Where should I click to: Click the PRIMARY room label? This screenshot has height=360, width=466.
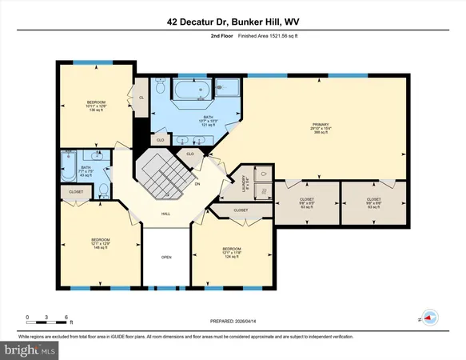[321, 125]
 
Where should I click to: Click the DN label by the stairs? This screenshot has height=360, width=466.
[197, 184]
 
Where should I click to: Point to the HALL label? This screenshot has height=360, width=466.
[165, 214]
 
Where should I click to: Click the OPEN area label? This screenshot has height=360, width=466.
[165, 258]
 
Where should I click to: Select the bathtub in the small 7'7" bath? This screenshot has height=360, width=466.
[68, 169]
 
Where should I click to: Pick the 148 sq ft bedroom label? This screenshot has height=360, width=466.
[100, 242]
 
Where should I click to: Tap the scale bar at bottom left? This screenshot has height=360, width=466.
[48, 318]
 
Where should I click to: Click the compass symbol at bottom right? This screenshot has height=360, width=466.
[431, 318]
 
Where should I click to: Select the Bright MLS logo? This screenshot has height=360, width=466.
[30, 350]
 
